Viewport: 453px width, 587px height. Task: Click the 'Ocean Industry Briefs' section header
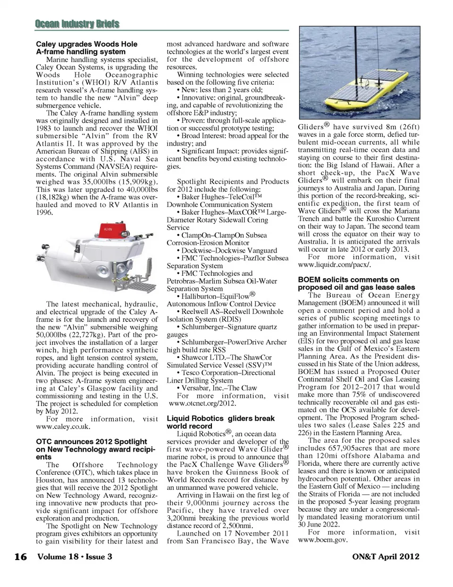point(77,24)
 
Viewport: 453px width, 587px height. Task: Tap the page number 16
point(20,557)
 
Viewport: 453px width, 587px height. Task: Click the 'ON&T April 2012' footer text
point(386,556)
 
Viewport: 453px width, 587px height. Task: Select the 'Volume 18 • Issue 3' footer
point(75,556)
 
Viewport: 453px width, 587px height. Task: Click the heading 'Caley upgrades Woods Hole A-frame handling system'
point(87,48)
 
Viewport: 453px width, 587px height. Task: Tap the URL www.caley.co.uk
point(63,426)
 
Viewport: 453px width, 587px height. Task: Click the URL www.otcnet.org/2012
point(202,403)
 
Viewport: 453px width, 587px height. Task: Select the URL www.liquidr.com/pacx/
point(337,265)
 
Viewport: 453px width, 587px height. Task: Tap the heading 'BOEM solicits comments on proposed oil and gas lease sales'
point(356,283)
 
